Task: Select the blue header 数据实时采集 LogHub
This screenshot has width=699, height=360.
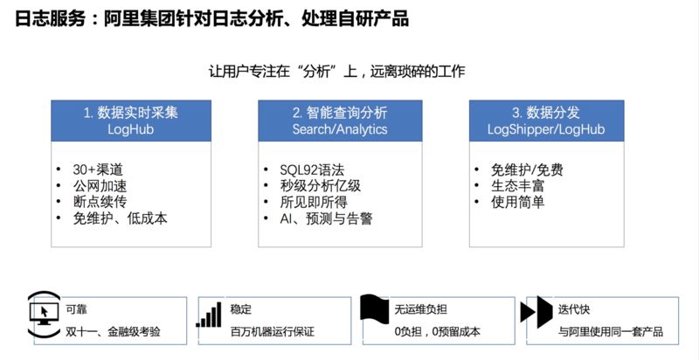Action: [131, 121]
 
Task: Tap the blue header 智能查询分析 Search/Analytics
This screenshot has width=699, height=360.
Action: [340, 121]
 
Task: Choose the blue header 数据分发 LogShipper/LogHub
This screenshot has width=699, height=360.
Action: [546, 121]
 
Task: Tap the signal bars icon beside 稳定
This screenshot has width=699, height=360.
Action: [208, 316]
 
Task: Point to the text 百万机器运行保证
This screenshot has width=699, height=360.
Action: [272, 332]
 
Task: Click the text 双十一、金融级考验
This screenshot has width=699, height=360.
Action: [114, 332]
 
